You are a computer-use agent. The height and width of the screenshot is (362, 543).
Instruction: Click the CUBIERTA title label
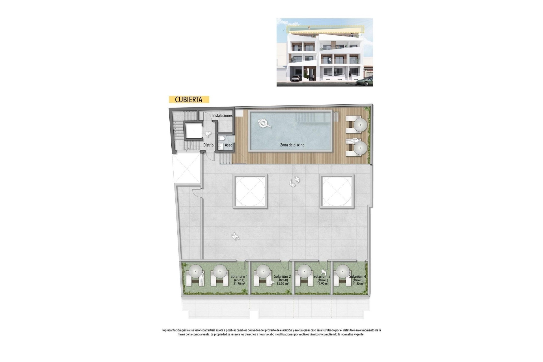click(189, 100)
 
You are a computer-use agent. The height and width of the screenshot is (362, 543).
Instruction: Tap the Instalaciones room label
click(222, 115)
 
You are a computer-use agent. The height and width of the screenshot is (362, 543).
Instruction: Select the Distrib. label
click(209, 145)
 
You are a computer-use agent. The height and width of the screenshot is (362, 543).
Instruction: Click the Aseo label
click(229, 145)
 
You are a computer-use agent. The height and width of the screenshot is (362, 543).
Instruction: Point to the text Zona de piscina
click(292, 145)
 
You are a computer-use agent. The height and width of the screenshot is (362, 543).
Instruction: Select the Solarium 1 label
click(239, 276)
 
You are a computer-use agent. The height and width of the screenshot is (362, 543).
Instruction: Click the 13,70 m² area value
click(283, 284)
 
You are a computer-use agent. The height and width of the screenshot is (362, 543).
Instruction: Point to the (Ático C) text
click(322, 280)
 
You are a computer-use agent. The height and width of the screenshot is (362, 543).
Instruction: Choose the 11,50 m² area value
click(358, 284)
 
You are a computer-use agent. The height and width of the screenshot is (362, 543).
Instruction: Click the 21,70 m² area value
click(239, 284)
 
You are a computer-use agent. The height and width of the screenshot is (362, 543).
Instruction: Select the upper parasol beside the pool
click(360, 125)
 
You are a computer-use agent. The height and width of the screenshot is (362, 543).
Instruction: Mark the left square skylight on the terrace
click(250, 191)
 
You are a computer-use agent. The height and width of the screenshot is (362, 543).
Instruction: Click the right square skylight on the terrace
click(337, 191)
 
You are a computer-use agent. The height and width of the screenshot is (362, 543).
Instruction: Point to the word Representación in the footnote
click(173, 330)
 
